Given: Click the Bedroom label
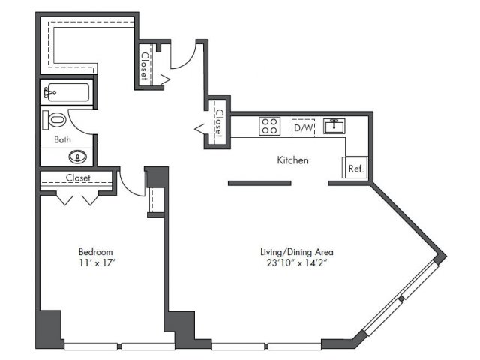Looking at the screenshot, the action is [95, 252].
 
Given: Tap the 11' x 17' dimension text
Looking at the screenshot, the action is [97, 262].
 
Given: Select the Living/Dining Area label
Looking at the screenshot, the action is [297, 252].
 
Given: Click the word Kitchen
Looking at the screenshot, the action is [292, 160].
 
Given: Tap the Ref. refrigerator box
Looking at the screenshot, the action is [355, 167].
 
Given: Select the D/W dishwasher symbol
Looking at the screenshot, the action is [303, 127].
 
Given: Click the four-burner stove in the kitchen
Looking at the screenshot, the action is [270, 126].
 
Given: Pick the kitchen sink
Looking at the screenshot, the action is [334, 126].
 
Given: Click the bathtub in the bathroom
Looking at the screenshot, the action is [68, 92].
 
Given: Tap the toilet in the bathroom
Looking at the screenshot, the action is [55, 120].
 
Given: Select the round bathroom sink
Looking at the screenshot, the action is [78, 157].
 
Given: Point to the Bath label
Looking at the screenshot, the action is [62, 139].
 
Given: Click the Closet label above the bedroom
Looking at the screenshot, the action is [78, 178].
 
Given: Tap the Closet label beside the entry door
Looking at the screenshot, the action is [145, 64].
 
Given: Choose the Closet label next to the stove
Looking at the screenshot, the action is [219, 123].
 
